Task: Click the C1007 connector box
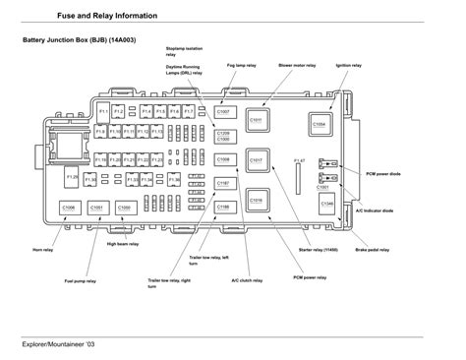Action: pyautogui.click(x=223, y=114)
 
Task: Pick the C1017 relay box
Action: pyautogui.click(x=256, y=159)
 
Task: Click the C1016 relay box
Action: pyautogui.click(x=256, y=200)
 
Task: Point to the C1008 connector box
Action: pyautogui.click(x=223, y=158)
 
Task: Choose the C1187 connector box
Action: pyautogui.click(x=223, y=184)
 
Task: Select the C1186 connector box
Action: pyautogui.click(x=223, y=207)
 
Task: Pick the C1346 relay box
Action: pyautogui.click(x=326, y=204)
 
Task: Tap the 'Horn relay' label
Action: pyautogui.click(x=43, y=250)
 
